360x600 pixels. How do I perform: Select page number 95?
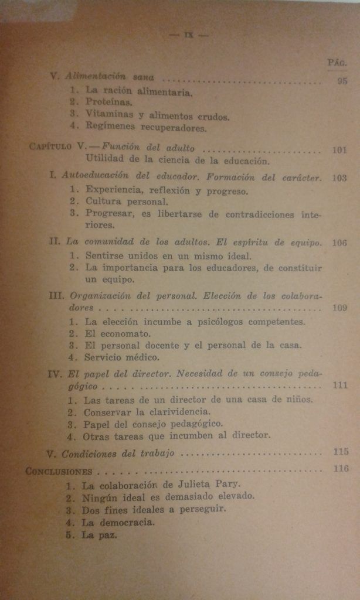coord(342,81)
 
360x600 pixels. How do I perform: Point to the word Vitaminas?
coord(109,114)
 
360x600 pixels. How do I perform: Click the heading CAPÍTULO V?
coord(58,148)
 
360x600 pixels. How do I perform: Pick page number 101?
coord(340,150)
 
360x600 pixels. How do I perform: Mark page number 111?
coord(340,386)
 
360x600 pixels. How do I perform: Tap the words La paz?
coord(100,534)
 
